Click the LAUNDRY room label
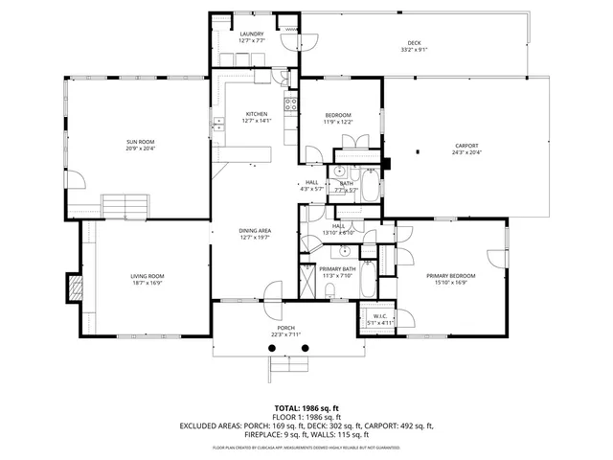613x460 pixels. click(252, 34)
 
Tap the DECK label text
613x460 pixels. click(414, 43)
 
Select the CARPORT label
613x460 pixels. click(466, 146)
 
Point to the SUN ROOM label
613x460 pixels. click(140, 142)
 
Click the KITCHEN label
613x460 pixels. click(255, 114)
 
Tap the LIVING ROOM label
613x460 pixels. click(148, 277)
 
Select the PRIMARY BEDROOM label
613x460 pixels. click(450, 276)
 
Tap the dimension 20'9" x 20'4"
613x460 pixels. click(140, 149)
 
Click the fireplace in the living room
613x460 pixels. click(74, 287)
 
